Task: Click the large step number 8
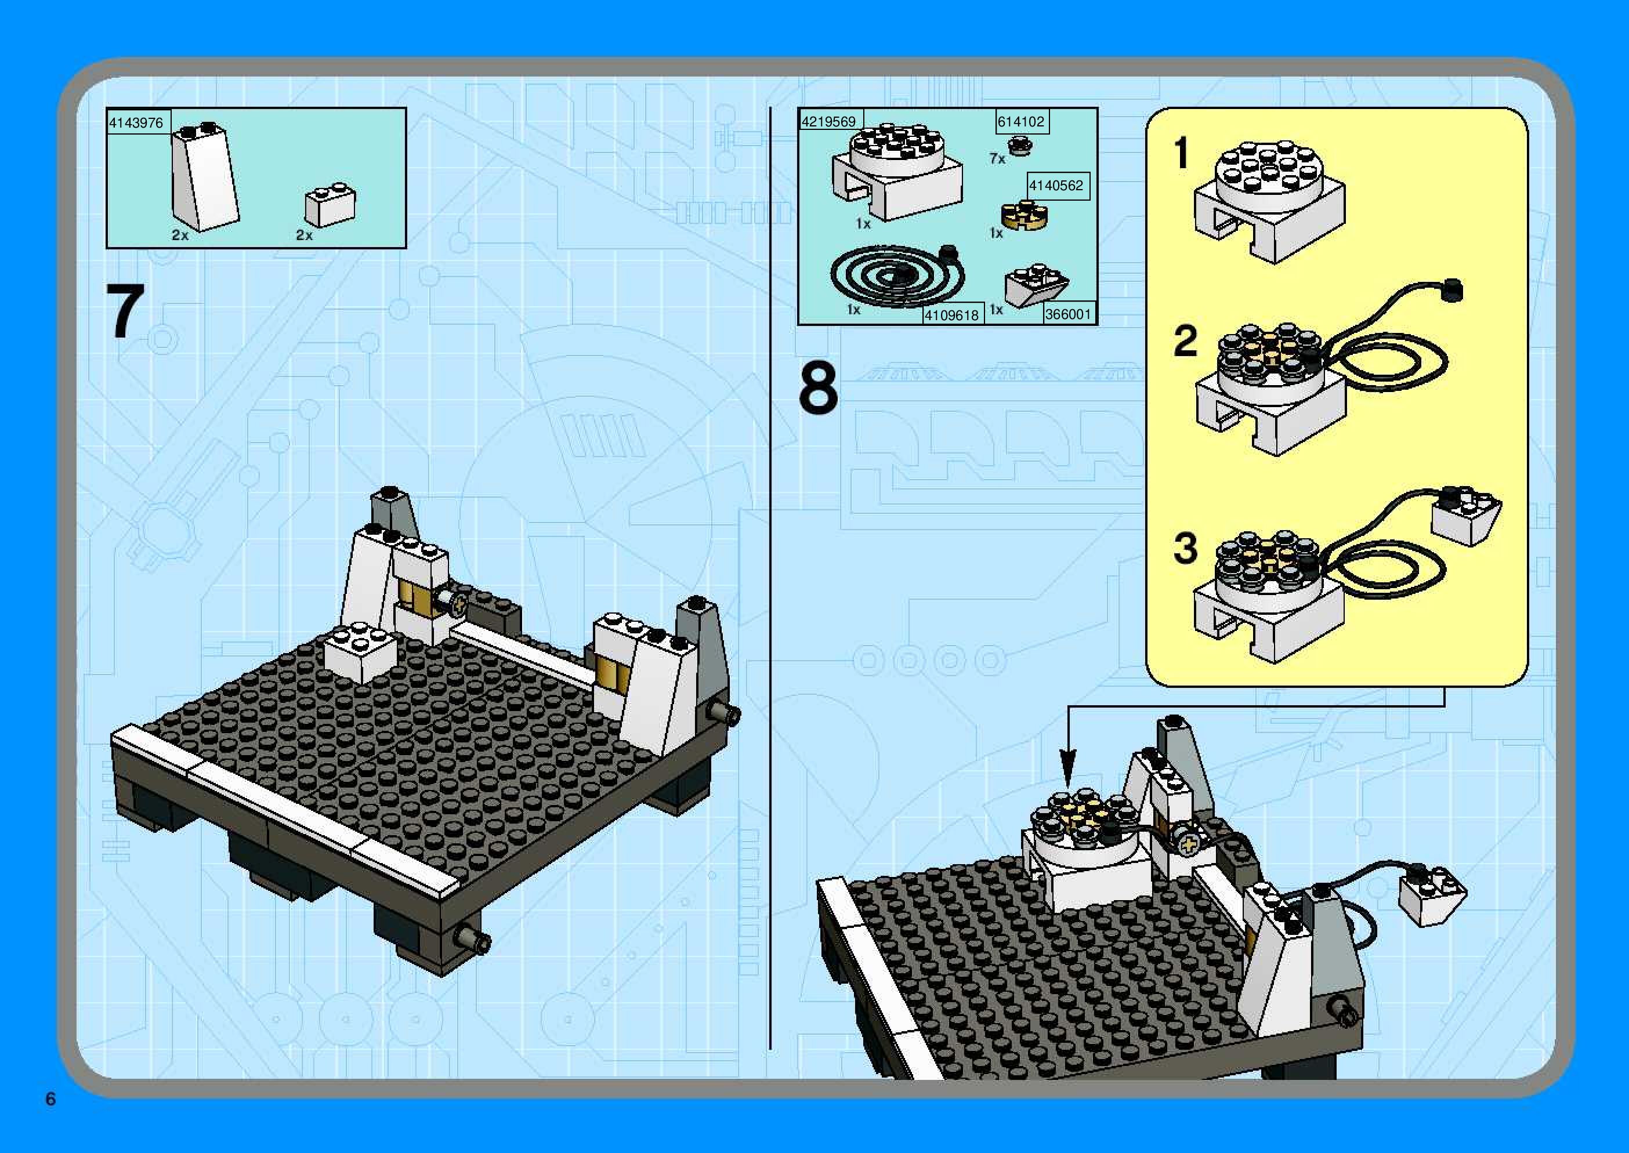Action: coord(818,387)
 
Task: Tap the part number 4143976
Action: coord(136,123)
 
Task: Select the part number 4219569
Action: coord(828,121)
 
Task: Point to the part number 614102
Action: coord(1021,121)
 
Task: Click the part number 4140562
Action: coord(1056,186)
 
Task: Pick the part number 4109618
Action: coord(951,314)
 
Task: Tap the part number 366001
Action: coord(1068,314)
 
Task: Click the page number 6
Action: coord(50,1099)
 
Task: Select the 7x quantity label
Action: coord(998,159)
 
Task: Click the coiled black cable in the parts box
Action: coord(898,275)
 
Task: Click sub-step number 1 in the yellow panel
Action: coord(1182,153)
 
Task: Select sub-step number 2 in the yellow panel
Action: coord(1185,341)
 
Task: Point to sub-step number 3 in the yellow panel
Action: coord(1185,548)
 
